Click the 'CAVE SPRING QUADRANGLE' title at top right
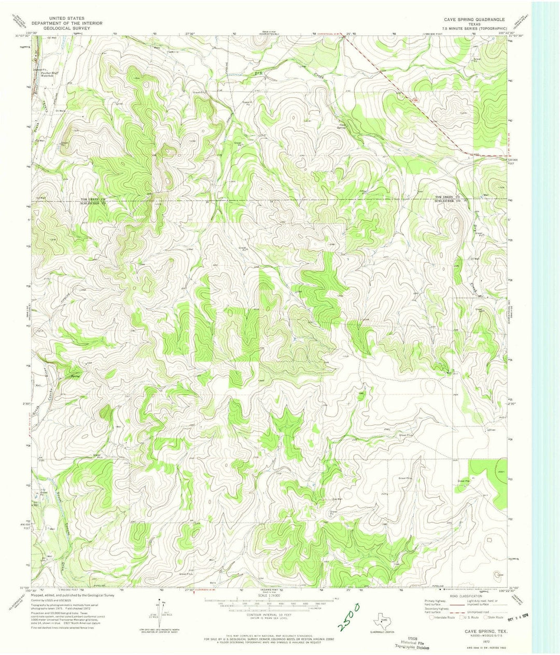tap(471, 19)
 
